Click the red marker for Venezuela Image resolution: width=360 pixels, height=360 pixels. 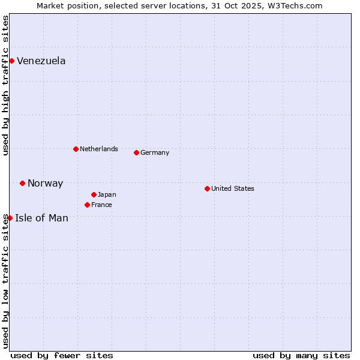[x=11, y=61]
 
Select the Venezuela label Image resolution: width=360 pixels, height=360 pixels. [x=41, y=61]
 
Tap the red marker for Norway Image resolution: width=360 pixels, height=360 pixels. [x=22, y=183]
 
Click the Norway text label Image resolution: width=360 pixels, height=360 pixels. [x=45, y=184]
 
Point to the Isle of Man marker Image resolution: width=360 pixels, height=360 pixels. [x=10, y=218]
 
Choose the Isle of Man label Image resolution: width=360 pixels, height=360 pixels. [x=41, y=218]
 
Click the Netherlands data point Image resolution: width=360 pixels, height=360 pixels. [x=76, y=149]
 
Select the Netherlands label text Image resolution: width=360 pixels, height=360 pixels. [x=98, y=149]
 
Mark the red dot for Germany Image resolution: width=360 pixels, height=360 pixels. [x=136, y=152]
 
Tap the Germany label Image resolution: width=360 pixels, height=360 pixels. [x=155, y=152]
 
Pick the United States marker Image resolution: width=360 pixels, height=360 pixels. [x=207, y=188]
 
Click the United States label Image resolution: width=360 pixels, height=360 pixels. [x=232, y=188]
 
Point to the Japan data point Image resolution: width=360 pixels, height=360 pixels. [x=94, y=194]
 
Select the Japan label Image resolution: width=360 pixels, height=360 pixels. [x=107, y=194]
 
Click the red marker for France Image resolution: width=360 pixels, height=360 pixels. [x=87, y=205]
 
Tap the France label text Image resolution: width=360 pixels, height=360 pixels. [x=101, y=205]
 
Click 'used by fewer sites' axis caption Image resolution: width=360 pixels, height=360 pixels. [x=62, y=355]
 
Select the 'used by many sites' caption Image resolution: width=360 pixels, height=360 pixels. [x=301, y=355]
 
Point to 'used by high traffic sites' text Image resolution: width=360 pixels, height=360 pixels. [x=5, y=85]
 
